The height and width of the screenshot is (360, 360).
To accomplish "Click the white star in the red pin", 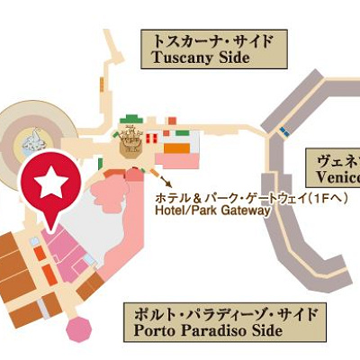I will point(50,183).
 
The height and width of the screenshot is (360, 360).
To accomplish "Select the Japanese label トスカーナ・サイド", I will point(211,40).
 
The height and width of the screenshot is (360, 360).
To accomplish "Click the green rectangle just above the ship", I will point(133,119).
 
